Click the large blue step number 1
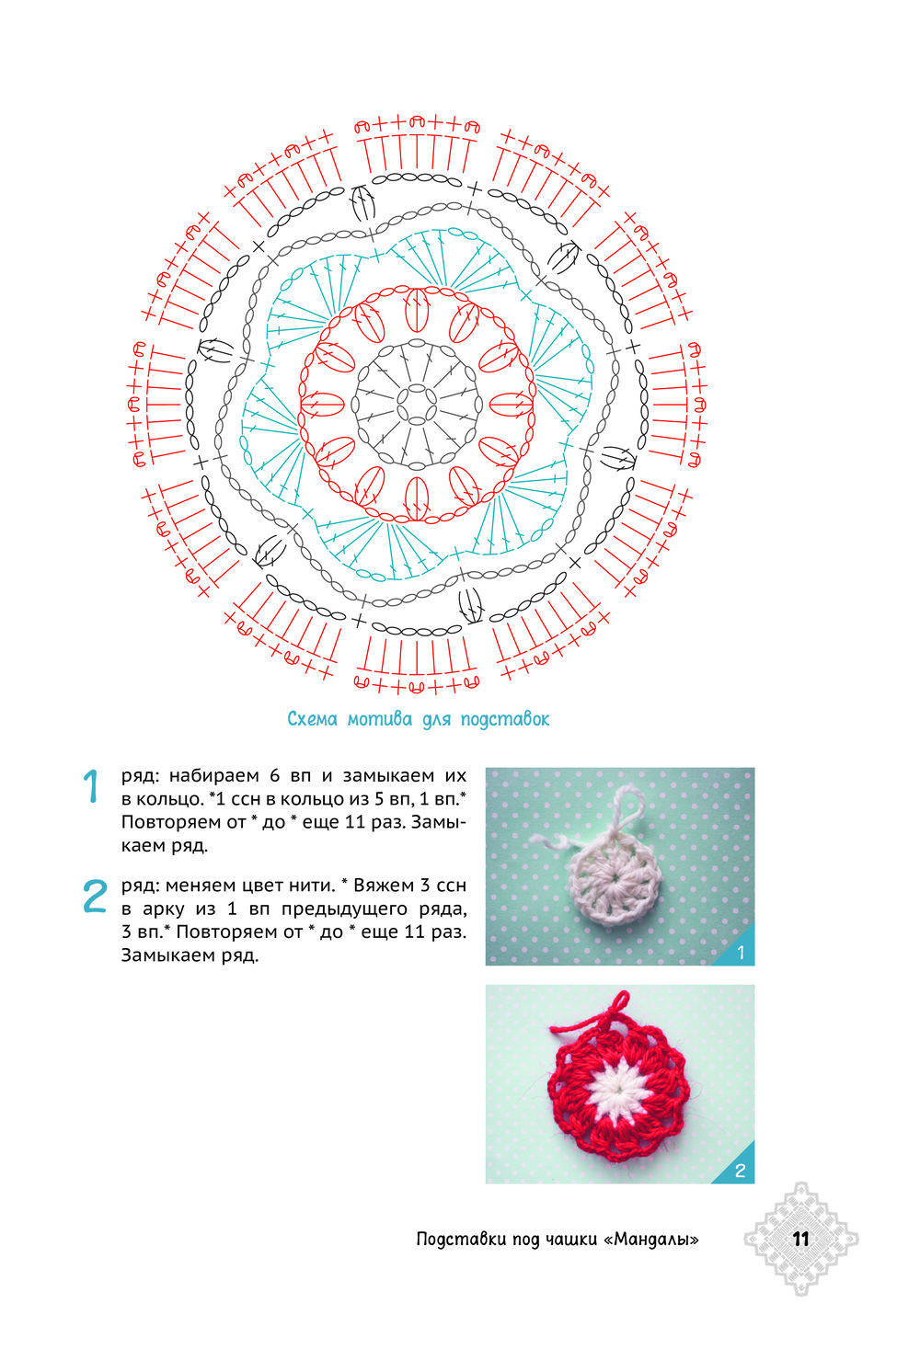point(92,786)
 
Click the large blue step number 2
point(95,896)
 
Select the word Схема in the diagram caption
point(312,718)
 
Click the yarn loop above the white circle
point(628,809)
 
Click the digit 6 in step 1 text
point(275,776)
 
